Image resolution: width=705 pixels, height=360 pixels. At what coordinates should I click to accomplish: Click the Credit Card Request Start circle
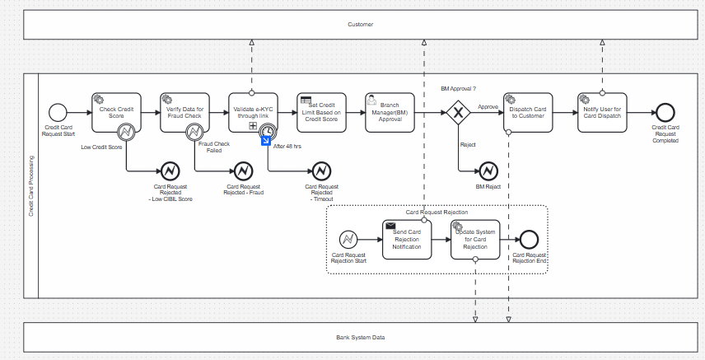(x=58, y=112)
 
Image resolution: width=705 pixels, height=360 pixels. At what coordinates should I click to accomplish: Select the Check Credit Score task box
(x=115, y=112)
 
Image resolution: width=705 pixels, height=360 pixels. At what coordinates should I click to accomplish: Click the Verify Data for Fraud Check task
(x=184, y=112)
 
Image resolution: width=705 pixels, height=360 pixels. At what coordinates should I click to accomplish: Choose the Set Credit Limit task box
(x=322, y=112)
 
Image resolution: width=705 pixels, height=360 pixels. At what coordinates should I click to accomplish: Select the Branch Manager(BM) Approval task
(x=390, y=112)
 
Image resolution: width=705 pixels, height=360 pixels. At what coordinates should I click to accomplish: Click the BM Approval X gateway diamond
(x=457, y=112)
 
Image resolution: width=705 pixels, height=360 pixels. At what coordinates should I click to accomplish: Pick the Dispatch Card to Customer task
(x=527, y=112)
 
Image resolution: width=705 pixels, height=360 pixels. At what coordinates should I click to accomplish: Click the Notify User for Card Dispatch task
(x=602, y=112)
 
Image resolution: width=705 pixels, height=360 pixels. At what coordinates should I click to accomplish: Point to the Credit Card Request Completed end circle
(x=665, y=112)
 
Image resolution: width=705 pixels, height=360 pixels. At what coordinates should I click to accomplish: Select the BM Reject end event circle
(x=488, y=171)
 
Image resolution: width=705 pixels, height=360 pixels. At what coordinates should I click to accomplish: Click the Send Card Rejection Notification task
(x=407, y=240)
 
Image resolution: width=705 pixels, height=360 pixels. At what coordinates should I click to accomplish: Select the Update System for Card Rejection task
(x=475, y=240)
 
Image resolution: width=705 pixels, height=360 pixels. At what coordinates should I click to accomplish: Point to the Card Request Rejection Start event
(x=349, y=239)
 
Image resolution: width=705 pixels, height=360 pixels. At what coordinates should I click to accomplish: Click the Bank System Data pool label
(x=360, y=338)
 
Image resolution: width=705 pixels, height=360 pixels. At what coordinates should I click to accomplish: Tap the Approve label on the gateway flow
(x=488, y=106)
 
